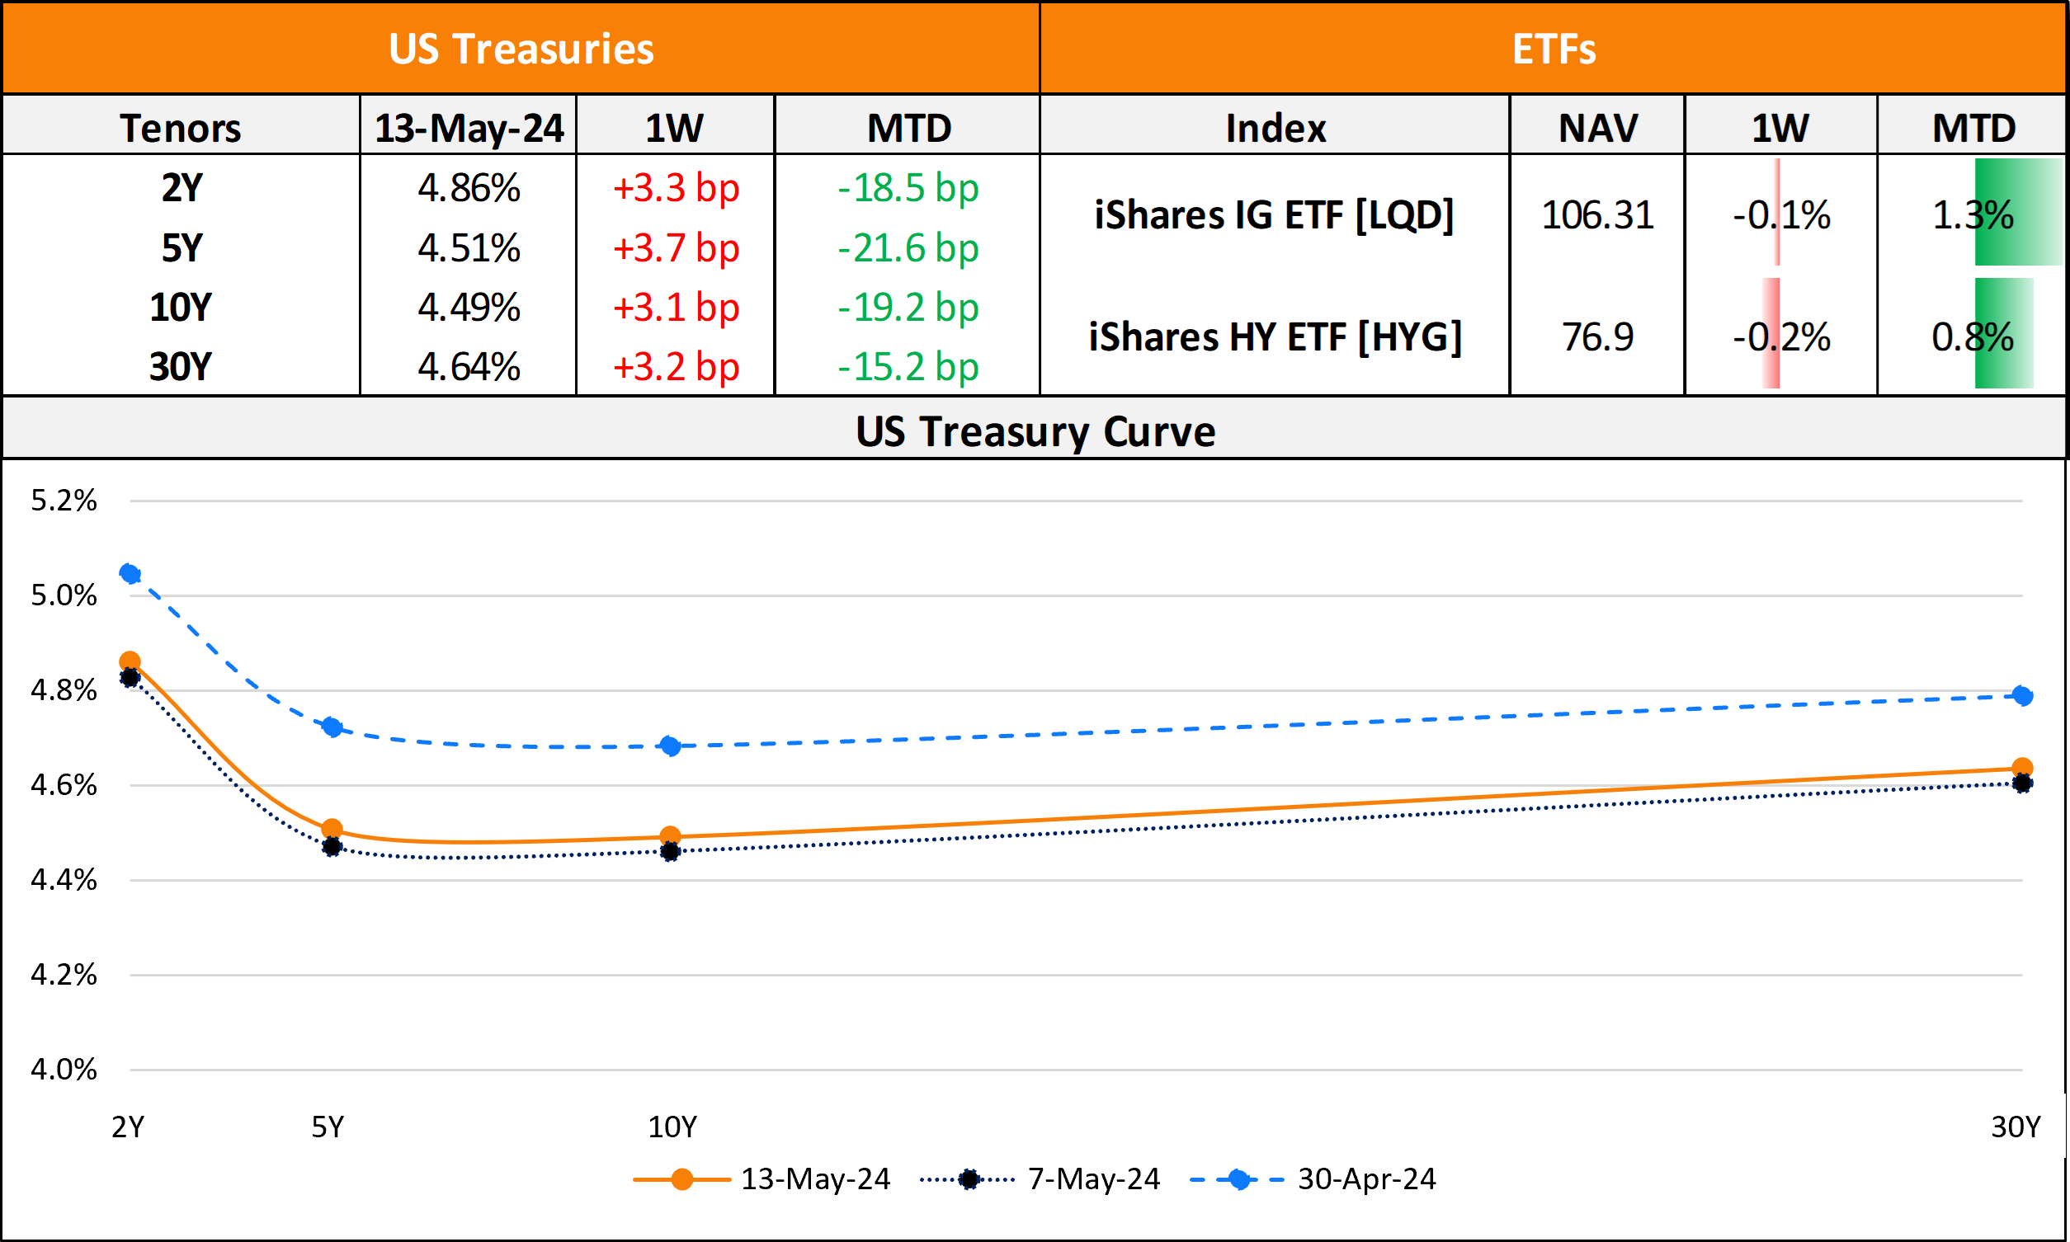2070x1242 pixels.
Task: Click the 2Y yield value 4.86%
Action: [469, 188]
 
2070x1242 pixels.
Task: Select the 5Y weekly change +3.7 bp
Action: [676, 248]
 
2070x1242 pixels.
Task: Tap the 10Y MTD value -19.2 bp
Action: [908, 308]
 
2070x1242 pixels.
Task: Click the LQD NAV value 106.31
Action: [1597, 215]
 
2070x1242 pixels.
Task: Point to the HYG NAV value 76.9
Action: [1597, 337]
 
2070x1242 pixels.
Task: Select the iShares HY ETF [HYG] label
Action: [1275, 337]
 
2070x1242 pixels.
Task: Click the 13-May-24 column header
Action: [469, 128]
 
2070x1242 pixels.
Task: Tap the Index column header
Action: [1275, 128]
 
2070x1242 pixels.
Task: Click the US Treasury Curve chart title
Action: [1035, 432]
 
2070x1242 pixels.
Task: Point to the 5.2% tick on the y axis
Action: [64, 501]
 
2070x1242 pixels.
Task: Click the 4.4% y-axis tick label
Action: [64, 880]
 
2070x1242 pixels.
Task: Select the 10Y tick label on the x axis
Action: [672, 1127]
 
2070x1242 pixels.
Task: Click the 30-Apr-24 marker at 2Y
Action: [130, 573]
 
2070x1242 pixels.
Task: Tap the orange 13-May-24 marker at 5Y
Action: [332, 830]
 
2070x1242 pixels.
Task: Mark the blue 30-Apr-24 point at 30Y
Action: [2022, 695]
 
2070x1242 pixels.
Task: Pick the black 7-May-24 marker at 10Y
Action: [670, 852]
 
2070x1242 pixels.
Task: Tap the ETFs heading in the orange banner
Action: [1554, 49]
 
